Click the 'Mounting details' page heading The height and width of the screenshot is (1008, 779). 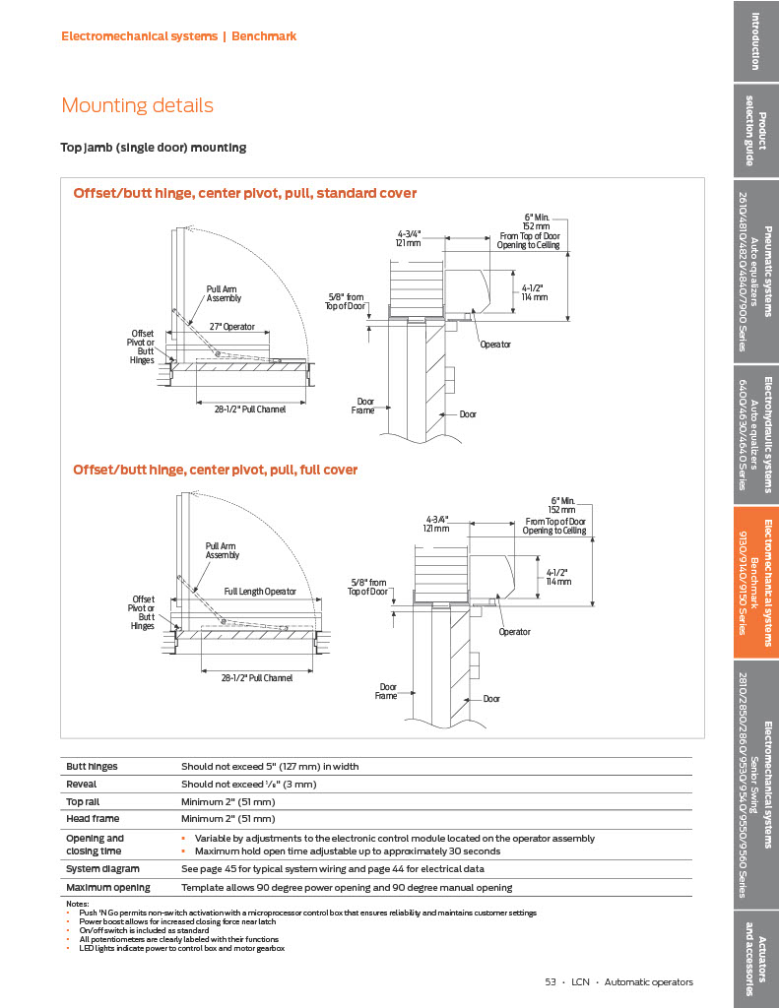[137, 105]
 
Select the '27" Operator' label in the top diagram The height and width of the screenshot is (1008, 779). [231, 326]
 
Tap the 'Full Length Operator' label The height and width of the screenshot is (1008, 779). [260, 592]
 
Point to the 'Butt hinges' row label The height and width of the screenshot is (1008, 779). [89, 766]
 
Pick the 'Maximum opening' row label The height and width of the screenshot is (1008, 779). [107, 887]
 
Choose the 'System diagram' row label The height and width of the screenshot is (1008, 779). [102, 869]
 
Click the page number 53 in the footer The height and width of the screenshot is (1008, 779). [551, 981]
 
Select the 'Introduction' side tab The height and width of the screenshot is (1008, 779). [755, 40]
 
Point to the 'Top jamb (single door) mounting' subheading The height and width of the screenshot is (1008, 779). [154, 148]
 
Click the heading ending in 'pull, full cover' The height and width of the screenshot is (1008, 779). [215, 470]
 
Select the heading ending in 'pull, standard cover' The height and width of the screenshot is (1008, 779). [244, 193]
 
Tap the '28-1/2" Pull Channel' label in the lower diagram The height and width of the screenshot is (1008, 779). [256, 677]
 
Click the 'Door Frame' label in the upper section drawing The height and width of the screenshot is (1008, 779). [364, 406]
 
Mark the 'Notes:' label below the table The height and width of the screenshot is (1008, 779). [77, 904]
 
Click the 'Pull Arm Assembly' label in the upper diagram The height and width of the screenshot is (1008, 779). [224, 293]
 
